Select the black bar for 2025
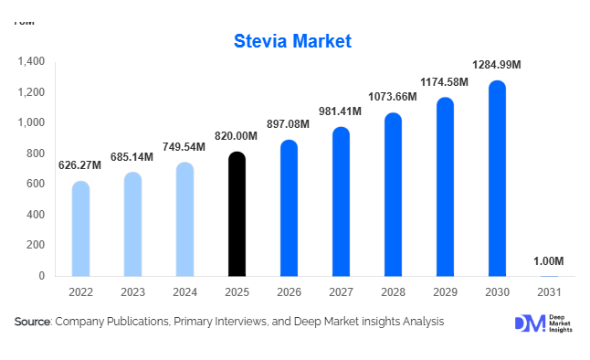click(237, 215)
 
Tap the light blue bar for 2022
click(81, 228)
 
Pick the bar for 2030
click(497, 178)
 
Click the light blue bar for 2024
click(184, 219)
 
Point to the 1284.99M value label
click(497, 65)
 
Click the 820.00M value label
click(237, 136)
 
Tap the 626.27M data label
click(81, 165)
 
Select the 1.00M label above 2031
click(549, 262)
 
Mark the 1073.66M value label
click(393, 98)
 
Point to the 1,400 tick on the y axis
click(31, 62)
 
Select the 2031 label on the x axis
click(549, 292)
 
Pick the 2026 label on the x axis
click(289, 292)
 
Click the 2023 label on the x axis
click(133, 292)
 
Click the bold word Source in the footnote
click(33, 322)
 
